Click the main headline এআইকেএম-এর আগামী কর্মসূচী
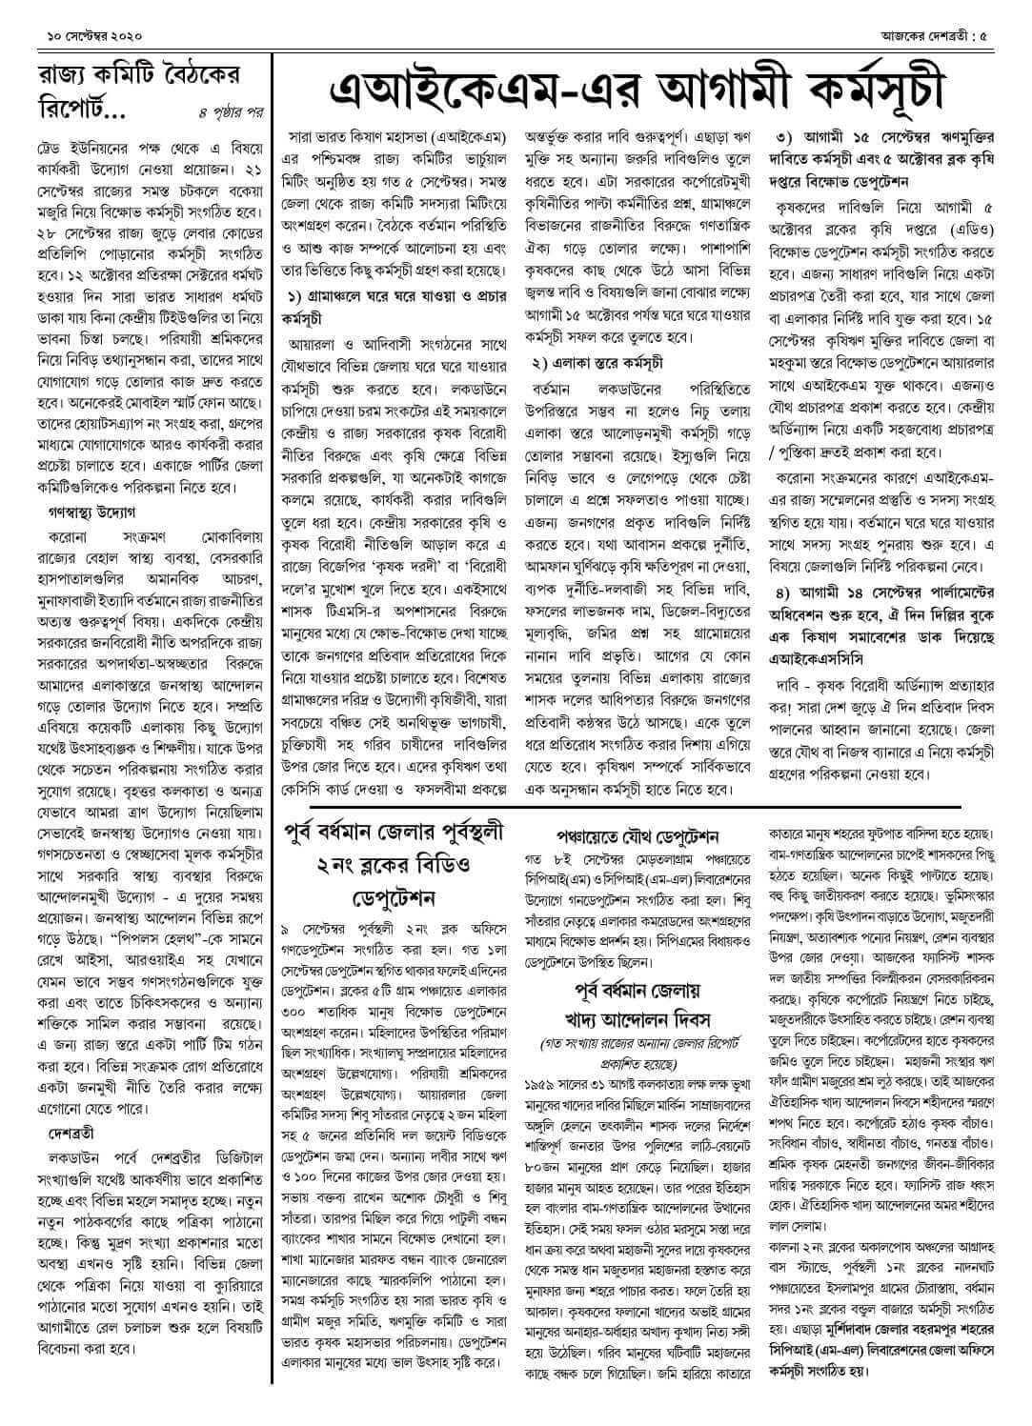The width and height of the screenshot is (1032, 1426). pos(637,89)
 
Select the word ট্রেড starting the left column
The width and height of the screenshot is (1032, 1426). pos(50,153)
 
